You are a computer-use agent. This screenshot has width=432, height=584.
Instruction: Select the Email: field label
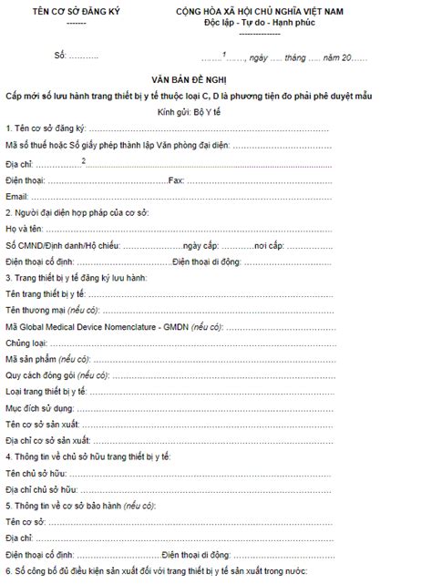point(17,196)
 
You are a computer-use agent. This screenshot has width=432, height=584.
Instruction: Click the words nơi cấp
point(272,246)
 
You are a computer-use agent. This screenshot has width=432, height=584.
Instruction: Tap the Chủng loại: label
point(26,343)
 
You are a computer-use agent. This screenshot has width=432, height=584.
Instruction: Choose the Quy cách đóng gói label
point(37,375)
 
